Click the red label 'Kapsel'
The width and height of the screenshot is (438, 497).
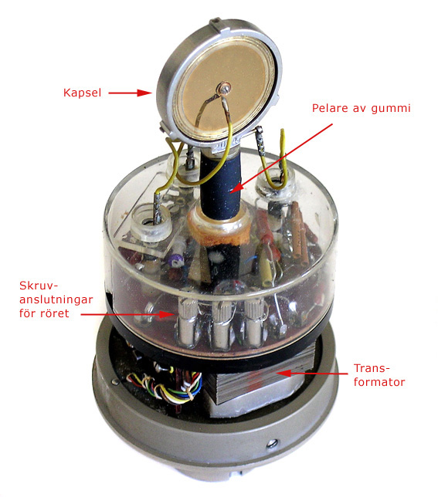coord(83,93)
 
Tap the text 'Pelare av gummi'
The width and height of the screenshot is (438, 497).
coord(362,108)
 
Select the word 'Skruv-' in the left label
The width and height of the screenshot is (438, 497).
coord(39,286)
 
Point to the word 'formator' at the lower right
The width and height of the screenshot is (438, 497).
coord(379,382)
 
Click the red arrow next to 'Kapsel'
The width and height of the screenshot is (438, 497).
coord(131,93)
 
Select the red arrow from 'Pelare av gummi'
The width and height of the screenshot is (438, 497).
coord(281,158)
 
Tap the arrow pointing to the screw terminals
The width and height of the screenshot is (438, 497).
coord(127,314)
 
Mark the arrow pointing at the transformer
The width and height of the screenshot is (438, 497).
coord(313,374)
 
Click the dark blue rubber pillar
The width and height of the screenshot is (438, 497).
coord(221,187)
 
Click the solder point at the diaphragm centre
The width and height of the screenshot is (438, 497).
coord(225,88)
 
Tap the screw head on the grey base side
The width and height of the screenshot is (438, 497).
coord(272,443)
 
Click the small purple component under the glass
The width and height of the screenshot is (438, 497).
coord(175,260)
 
